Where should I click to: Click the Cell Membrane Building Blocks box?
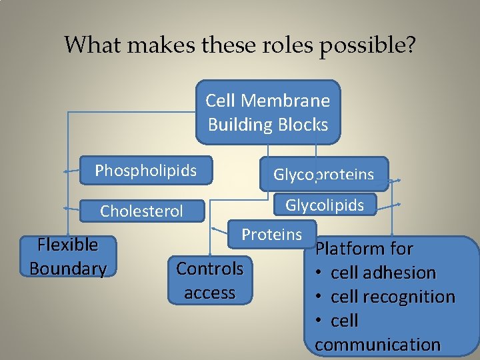(268, 112)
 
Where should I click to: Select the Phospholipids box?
(145, 171)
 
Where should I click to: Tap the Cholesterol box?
(141, 211)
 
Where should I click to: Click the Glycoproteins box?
(323, 175)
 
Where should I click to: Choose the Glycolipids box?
(325, 205)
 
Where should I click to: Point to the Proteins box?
(271, 234)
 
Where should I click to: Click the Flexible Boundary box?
(68, 257)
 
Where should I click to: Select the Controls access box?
(209, 280)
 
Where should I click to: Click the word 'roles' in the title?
(279, 45)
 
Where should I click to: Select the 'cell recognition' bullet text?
(393, 297)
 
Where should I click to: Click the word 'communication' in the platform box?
(377, 345)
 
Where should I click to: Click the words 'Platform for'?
(364, 249)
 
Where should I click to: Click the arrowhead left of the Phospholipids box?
(67, 172)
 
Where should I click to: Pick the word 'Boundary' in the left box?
(68, 269)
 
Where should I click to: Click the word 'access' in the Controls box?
(209, 293)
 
